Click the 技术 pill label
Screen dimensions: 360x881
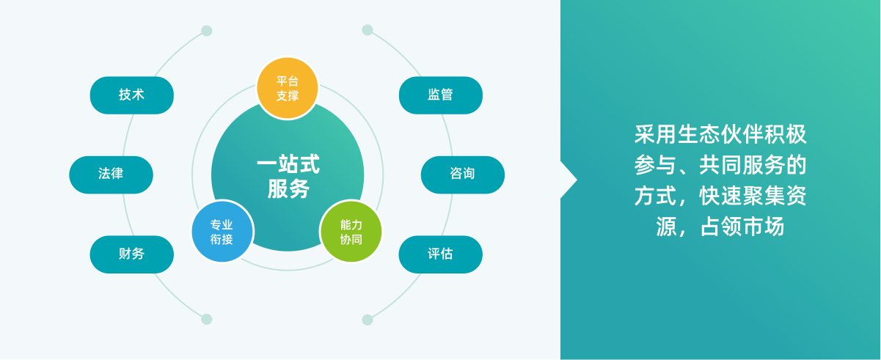(x=132, y=95)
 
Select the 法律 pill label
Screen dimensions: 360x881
(x=111, y=175)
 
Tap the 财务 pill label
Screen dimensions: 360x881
(x=132, y=254)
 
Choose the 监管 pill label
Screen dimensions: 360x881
(x=440, y=95)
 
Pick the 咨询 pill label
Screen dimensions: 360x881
(x=462, y=175)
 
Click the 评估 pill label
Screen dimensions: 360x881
(x=440, y=254)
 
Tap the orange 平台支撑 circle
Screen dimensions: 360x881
(x=288, y=88)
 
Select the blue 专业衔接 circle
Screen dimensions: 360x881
(x=222, y=232)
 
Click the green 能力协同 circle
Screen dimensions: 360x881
(x=351, y=232)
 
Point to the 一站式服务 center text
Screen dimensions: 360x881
(x=288, y=177)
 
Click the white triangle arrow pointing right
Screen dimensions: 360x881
(x=566, y=180)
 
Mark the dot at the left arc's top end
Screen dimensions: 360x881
(x=207, y=31)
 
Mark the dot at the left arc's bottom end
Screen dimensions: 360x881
(x=207, y=319)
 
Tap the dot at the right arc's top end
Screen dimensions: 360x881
(x=368, y=30)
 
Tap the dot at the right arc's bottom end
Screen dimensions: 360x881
(x=368, y=320)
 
